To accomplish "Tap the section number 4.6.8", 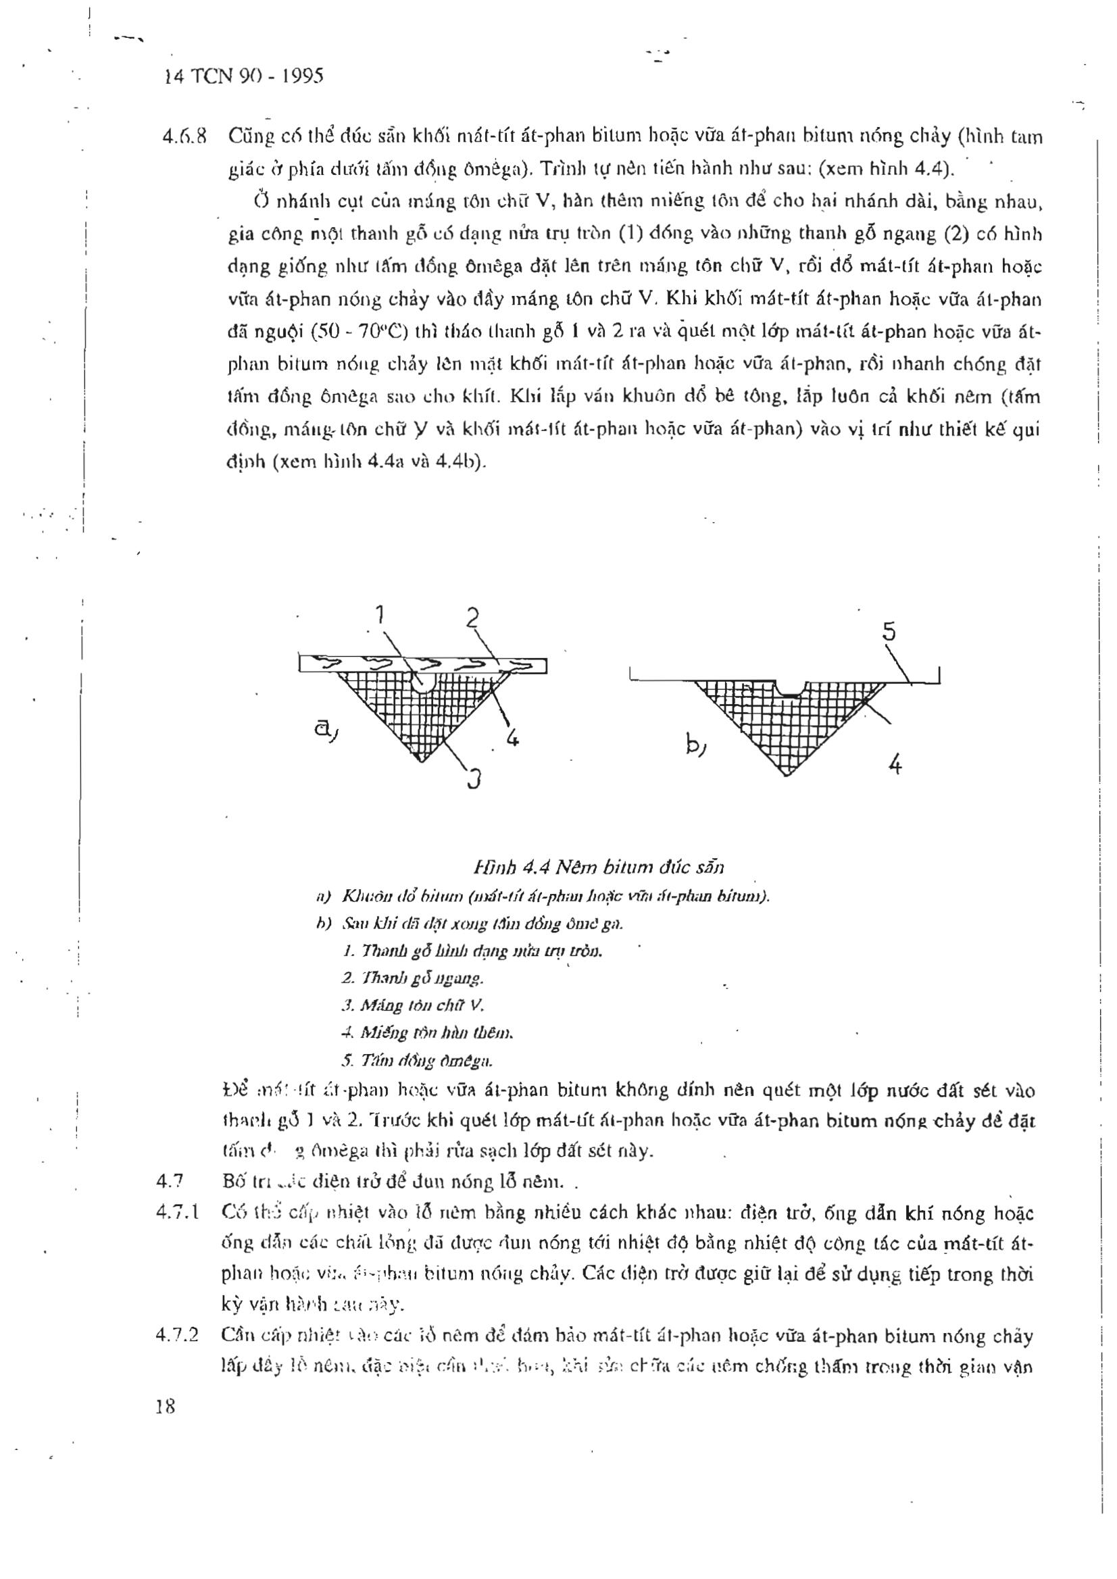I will tap(184, 137).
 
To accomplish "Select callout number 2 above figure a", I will tap(472, 618).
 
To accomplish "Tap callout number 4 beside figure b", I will tap(895, 764).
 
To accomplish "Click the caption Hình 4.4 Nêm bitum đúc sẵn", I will tap(598, 868).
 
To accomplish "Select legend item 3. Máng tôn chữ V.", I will tap(412, 1005).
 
